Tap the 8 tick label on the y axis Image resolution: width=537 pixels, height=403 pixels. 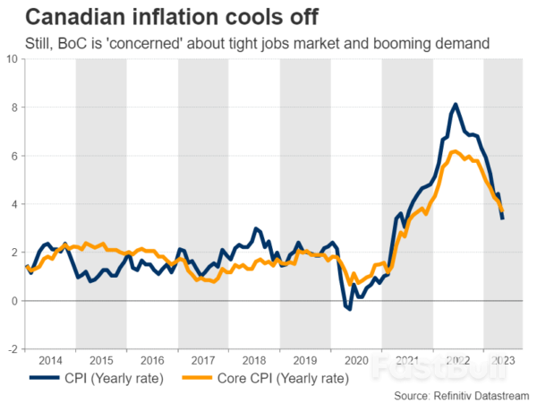pyautogui.click(x=14, y=107)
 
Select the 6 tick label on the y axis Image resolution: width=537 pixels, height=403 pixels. pyautogui.click(x=14, y=156)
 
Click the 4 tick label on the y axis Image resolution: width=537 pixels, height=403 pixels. pyautogui.click(x=14, y=204)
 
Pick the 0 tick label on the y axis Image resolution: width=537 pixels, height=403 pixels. pyautogui.click(x=14, y=301)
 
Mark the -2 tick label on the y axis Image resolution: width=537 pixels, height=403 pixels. pyautogui.click(x=13, y=349)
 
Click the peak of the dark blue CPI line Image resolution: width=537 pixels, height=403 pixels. pyautogui.click(x=455, y=105)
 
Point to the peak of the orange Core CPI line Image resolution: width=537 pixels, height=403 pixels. pyautogui.click(x=455, y=151)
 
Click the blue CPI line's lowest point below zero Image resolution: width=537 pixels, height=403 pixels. pyautogui.click(x=349, y=309)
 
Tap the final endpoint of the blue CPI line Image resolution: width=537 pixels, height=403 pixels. pyautogui.click(x=502, y=219)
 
